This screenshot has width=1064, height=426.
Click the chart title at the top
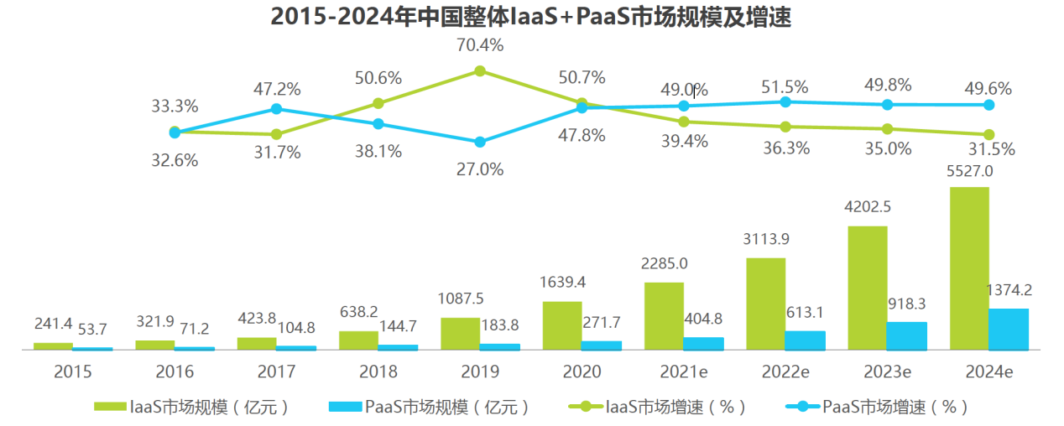531,18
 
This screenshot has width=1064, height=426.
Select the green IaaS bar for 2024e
968,268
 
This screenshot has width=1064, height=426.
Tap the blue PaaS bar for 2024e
1008,329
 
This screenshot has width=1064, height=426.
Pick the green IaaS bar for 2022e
764,304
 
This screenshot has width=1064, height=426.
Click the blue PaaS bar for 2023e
906,335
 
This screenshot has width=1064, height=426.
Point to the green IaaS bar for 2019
460,334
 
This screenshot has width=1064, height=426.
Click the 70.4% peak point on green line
480,71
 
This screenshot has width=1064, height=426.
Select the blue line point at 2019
480,143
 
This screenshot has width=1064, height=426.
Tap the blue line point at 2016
276,109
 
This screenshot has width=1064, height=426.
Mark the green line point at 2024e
988,135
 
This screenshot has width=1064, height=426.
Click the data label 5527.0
969,171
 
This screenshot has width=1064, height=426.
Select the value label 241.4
54,323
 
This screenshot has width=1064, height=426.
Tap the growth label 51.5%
785,87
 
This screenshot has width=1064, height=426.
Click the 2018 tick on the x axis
378,371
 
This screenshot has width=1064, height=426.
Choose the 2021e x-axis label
683,371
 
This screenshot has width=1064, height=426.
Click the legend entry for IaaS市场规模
193,408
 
